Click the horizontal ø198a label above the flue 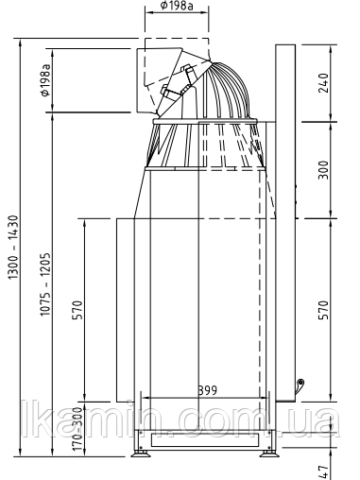click(177, 6)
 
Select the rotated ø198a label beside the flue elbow click(45, 80)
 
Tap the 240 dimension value click(323, 83)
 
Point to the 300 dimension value click(323, 170)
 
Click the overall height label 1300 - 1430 click(13, 248)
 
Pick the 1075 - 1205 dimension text click(45, 284)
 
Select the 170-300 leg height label click(77, 429)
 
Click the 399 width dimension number click(208, 390)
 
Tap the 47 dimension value click(323, 472)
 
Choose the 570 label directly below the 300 click(323, 310)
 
